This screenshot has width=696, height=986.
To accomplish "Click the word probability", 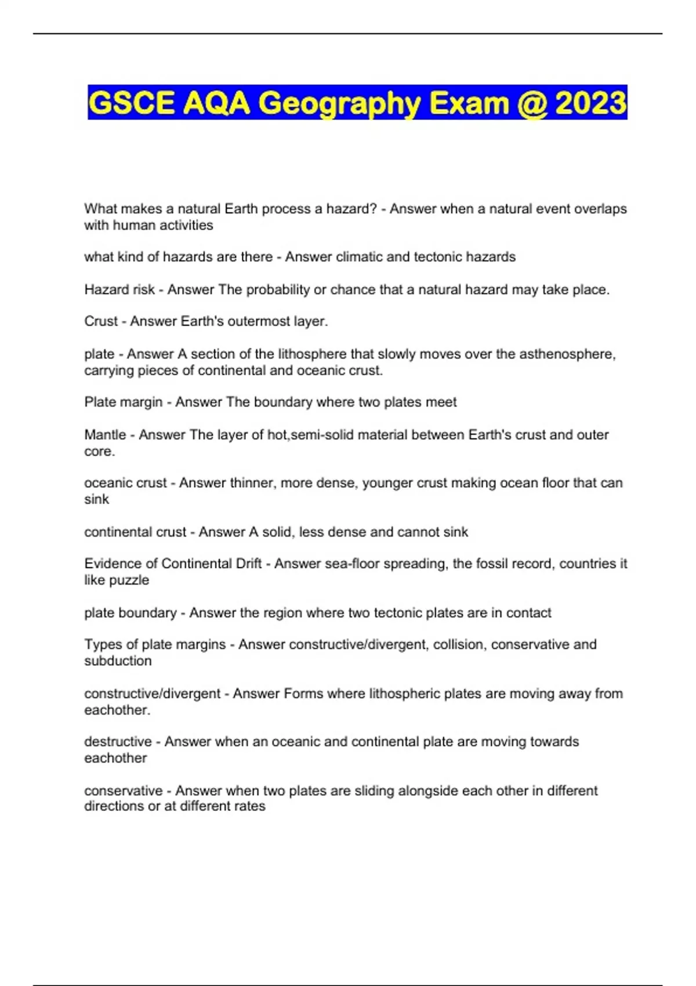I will pos(278,290).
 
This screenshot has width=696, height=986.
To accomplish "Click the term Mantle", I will pos(105,435).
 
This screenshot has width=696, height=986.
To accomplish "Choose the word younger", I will pos(387,483).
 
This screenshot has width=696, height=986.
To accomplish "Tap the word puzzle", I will pos(133,581).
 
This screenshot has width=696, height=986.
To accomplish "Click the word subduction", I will pos(118,661).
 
